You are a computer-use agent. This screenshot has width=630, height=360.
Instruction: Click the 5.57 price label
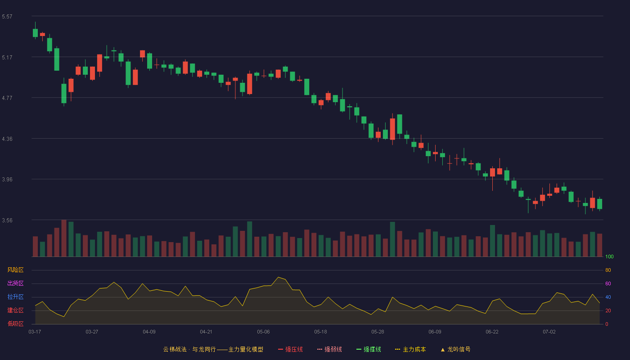coord(7,17)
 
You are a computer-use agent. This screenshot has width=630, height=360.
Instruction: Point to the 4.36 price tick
coord(7,139)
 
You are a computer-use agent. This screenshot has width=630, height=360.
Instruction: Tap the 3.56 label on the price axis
coord(7,220)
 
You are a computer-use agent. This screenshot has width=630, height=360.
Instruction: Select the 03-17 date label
coord(35,332)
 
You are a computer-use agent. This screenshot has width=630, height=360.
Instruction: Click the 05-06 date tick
coord(263,332)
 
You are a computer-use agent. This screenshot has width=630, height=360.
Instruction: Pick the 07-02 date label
coord(549,332)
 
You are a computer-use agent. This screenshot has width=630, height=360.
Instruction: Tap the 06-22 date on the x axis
coord(492,332)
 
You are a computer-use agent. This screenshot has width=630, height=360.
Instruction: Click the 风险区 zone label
coord(15,270)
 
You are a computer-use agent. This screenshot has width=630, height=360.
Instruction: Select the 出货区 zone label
coord(15,283)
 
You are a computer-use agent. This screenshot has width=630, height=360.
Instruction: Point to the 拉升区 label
coord(15,297)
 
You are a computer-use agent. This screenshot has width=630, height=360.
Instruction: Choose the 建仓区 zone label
coord(15,310)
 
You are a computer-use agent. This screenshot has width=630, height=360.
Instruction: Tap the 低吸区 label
coord(15,324)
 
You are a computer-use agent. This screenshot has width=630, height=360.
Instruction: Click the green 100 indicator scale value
coord(609,256)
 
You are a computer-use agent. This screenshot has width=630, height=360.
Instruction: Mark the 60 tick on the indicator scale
coord(608,283)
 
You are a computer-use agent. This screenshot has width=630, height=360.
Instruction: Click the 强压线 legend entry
coord(290,349)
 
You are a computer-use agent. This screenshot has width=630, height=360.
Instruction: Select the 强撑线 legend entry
coord(369,349)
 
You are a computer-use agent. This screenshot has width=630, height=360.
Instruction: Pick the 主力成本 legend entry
coord(410,349)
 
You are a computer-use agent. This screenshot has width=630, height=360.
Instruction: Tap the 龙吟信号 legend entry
coord(455,349)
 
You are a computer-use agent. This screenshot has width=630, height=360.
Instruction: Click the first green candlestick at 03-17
coord(35,32)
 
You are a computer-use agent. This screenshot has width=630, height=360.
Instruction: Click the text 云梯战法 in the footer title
coord(175,349)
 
